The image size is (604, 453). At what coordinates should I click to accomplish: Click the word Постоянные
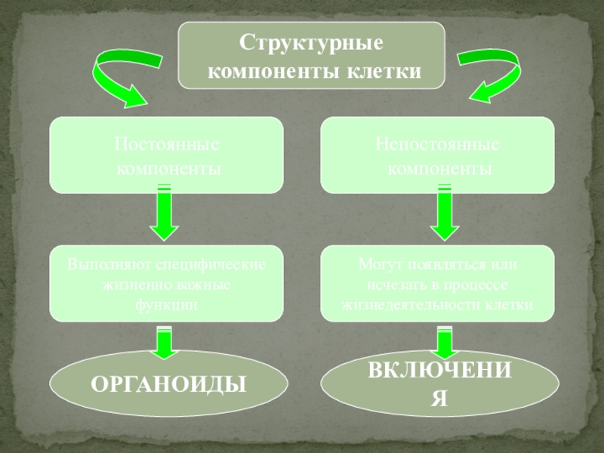tap(167, 143)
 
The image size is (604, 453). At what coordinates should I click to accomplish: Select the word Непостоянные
tap(438, 143)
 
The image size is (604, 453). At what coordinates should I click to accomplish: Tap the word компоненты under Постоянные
tap(168, 168)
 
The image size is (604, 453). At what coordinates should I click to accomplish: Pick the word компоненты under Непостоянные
tap(439, 168)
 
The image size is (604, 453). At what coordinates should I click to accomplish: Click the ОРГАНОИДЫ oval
tap(169, 384)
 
